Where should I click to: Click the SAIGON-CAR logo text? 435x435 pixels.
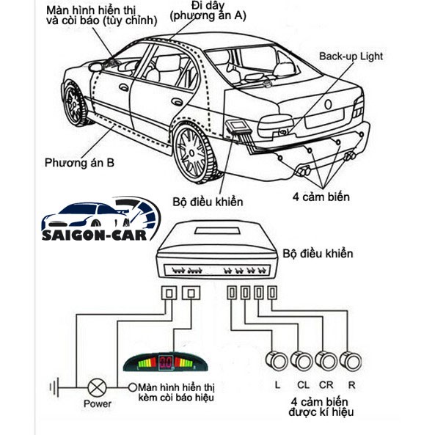pos(95,235)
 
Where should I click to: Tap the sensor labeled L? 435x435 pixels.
pos(277,361)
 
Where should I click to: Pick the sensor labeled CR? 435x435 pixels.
pos(326,361)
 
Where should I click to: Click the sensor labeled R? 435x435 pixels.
pos(351,361)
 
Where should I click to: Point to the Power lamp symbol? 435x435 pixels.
pos(97,387)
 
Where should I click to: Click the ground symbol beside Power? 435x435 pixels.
pos(55,387)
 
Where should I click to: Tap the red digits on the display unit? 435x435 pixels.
pos(166,362)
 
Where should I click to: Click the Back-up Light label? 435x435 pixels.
pos(351,56)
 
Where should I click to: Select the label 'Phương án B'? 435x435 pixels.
pos(79,163)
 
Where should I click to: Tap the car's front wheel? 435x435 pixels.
pos(74,103)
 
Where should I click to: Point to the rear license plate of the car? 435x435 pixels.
pos(324,118)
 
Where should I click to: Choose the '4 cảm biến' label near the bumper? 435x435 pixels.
pos(321,197)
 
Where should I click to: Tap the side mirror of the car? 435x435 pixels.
pos(95,67)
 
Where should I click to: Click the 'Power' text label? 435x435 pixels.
pos(98,403)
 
